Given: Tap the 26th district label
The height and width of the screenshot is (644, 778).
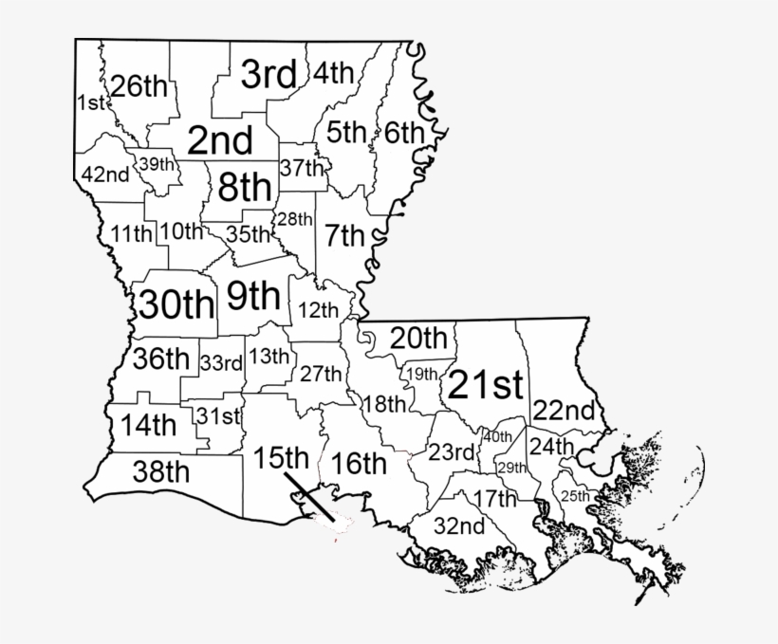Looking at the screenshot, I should coord(139,85).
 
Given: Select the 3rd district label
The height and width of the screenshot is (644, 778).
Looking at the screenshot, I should coord(269,73).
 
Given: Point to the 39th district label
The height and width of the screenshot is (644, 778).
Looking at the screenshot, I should coord(157,163).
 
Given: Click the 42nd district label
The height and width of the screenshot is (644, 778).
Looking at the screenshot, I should coord(105,175).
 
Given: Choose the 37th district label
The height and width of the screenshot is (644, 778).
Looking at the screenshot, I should coord(303,168).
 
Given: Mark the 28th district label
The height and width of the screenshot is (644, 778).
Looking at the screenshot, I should coord(294,219).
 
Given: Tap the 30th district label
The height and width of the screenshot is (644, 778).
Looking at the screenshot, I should coord(177,304).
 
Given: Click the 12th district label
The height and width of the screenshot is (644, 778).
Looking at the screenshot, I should coord(318,309).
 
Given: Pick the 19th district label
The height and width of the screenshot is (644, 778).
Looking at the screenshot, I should coord(421,374).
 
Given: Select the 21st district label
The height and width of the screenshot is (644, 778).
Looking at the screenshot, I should coord(485,384).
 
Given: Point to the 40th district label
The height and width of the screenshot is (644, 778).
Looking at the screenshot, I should coord(497,436).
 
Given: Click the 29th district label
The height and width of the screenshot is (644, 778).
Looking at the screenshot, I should coord(512,468).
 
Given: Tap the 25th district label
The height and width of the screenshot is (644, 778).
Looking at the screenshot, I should coord(575,496).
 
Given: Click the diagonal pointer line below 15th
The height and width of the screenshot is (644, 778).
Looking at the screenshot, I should coord(310,495).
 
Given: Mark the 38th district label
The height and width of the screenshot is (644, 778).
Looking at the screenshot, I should coord(149,470).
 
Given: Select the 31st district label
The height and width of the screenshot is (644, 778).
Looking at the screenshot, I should coord(218,415).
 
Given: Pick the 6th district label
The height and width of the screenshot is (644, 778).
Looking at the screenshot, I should coord(405,133).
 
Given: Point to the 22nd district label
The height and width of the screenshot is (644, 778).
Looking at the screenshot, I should coord(564,412).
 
